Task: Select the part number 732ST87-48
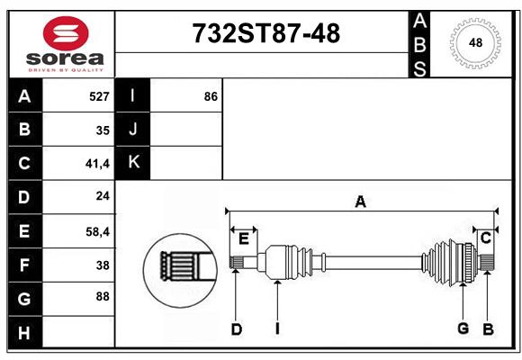(266, 34)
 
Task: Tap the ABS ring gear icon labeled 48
(473, 42)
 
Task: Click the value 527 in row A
(99, 96)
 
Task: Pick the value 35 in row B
(103, 130)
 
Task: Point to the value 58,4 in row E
(96, 231)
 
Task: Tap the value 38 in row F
(102, 265)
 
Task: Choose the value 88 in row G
(102, 296)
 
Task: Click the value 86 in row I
(211, 96)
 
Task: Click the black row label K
(133, 163)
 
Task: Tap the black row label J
(133, 130)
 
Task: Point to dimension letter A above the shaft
(360, 202)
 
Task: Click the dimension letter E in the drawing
(243, 238)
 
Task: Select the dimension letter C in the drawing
(485, 238)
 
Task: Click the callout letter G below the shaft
(463, 328)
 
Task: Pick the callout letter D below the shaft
(236, 329)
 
